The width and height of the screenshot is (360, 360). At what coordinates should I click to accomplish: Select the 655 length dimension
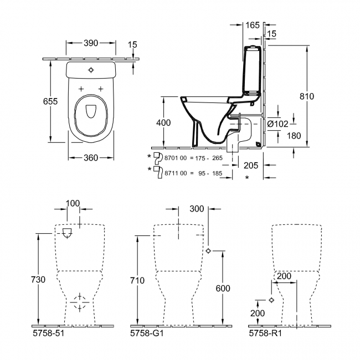[50, 101]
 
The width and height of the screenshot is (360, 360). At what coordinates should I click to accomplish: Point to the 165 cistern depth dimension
[252, 25]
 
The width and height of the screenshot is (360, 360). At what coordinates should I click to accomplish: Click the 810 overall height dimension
[306, 96]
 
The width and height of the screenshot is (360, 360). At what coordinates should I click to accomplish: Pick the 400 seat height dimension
[164, 122]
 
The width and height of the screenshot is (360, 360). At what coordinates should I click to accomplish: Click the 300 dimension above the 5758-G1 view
[197, 209]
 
